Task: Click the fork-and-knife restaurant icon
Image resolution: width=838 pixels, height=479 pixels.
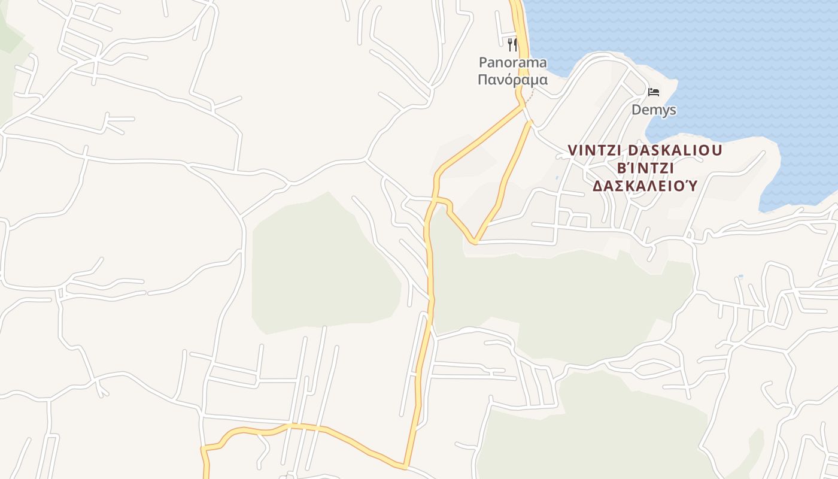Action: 512,44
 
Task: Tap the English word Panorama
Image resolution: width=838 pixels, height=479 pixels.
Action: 512,62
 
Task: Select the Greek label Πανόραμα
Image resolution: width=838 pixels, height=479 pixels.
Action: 512,79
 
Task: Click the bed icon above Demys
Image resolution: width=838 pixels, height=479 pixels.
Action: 654,92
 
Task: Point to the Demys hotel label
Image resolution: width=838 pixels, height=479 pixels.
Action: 654,110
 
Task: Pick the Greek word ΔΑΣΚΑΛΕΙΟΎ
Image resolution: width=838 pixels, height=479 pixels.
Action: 645,186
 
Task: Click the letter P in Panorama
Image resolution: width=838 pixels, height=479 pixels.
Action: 482,62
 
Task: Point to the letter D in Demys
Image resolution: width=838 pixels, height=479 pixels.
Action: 636,110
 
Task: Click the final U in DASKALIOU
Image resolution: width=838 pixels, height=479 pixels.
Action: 717,150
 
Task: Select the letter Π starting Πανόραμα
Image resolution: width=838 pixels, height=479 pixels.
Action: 482,79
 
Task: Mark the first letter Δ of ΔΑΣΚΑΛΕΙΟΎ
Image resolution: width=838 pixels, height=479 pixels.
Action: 597,186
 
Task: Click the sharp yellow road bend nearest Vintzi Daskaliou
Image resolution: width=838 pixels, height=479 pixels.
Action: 475,242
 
